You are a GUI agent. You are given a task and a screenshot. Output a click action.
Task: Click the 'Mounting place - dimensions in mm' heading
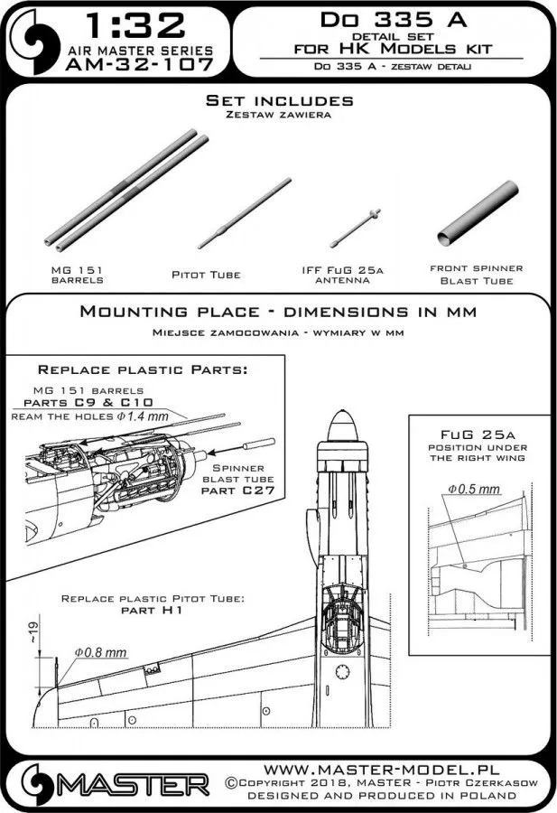pyautogui.click(x=279, y=313)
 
